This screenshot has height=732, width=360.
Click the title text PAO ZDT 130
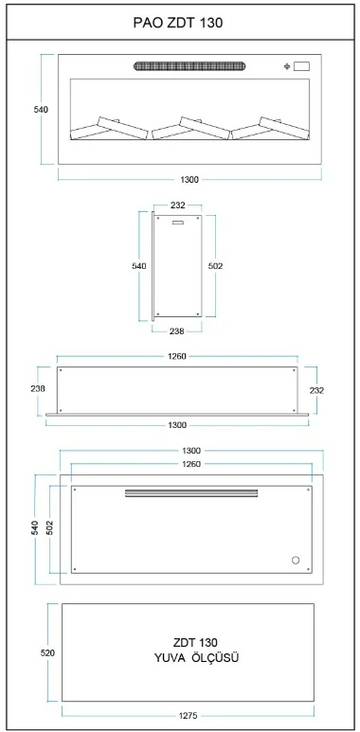point(178,23)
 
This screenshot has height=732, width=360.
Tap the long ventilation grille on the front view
point(189,66)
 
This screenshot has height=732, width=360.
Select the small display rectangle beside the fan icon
point(301,66)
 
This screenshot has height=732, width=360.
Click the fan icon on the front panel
point(287,66)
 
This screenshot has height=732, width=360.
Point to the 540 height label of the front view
point(41,109)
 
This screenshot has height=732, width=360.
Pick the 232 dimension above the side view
point(178,205)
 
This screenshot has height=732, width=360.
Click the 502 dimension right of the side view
point(216,266)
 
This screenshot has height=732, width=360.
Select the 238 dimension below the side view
point(177,331)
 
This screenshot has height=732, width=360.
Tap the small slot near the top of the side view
point(179,223)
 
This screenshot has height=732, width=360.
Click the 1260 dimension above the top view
point(177,357)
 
